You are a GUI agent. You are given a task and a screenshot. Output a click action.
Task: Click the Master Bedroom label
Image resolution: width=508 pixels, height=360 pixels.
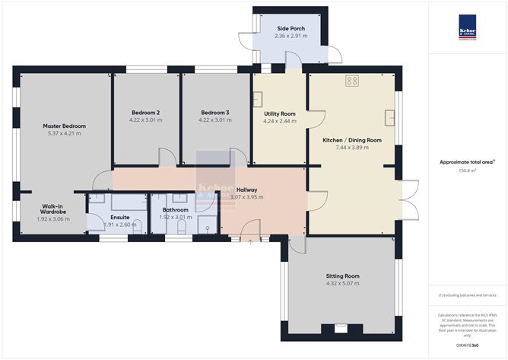tap(64, 126)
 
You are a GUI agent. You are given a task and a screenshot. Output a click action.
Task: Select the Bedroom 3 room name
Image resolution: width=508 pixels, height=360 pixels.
tap(214, 111)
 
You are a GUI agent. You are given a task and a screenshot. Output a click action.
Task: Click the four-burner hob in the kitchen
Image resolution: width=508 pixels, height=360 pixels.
tap(352, 80)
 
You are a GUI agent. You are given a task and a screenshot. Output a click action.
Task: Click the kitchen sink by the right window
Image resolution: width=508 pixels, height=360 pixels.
tap(390, 118)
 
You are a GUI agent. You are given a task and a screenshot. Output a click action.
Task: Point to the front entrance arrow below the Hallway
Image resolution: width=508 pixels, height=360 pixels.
tap(251, 242)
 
